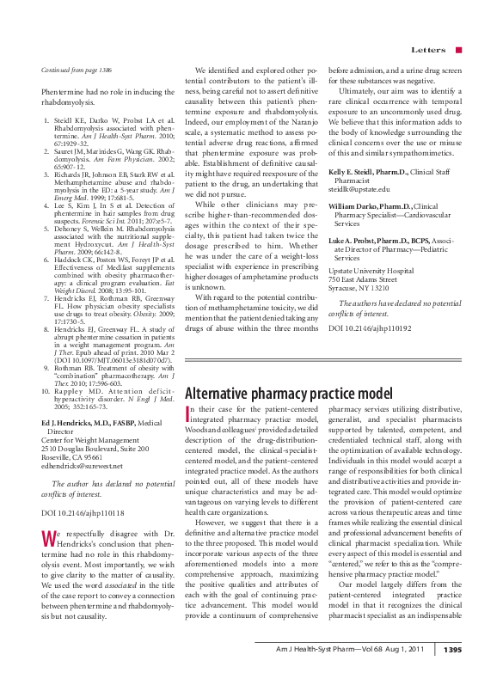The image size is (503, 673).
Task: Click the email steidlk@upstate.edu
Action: coord(359,189)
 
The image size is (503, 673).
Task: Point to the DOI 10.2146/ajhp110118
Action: coord(76,512)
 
